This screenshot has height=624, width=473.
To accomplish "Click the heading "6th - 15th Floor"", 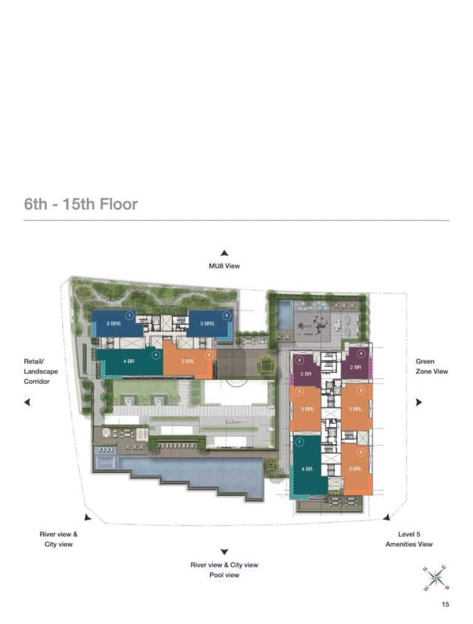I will [x=81, y=204].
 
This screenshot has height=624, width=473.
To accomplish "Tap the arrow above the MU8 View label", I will [x=225, y=253].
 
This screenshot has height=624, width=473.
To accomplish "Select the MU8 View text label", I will [x=224, y=266].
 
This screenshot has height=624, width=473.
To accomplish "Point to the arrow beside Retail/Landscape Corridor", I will [x=27, y=402].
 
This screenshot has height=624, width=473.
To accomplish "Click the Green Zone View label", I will [x=432, y=367].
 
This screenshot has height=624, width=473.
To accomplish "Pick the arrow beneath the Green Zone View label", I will [x=419, y=402].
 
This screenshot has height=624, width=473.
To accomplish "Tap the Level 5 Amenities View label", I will [x=409, y=539].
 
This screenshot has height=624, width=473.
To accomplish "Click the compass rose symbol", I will [x=435, y=577].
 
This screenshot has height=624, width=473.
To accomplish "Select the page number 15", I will [x=445, y=604].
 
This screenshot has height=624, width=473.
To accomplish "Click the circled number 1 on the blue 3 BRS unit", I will [x=129, y=315].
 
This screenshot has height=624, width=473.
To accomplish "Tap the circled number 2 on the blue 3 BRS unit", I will [x=226, y=315].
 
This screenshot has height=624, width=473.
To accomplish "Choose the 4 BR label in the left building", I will [x=129, y=362].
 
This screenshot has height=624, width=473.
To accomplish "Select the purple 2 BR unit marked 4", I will [x=355, y=366].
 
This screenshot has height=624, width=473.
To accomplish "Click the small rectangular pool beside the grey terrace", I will [x=285, y=315].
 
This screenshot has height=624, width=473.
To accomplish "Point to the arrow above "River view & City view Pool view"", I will [x=225, y=552].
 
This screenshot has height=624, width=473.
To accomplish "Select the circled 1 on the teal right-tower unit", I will [x=299, y=442].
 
